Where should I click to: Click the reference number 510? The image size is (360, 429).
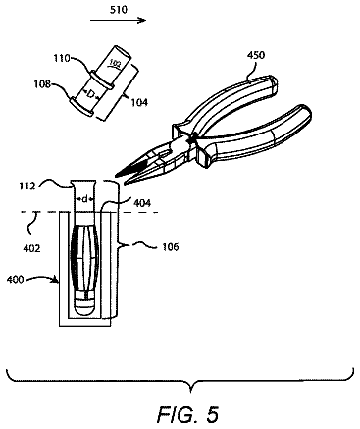118,10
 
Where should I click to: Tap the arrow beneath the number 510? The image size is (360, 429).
118,21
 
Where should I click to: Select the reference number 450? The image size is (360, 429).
256,55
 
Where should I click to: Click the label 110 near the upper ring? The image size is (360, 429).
62,58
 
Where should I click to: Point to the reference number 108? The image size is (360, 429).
42,84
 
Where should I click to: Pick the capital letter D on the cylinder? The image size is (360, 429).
92,94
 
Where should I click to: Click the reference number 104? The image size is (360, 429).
139,102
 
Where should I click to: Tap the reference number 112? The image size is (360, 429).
27,187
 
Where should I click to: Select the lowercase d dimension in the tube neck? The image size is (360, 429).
84,198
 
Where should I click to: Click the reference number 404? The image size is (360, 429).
142,203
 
